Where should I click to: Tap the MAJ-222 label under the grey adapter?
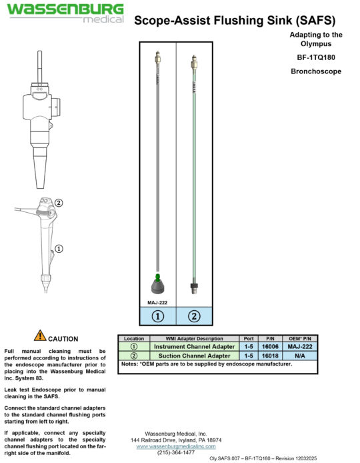tap(157, 302)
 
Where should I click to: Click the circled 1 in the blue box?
tap(158, 318)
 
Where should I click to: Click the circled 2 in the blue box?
tap(194, 318)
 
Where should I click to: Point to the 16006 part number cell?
tap(270, 347)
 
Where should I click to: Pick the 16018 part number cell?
tap(270, 356)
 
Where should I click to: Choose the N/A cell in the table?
tap(300, 356)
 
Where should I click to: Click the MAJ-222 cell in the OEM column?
tap(300, 347)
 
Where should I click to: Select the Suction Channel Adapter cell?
tap(193, 356)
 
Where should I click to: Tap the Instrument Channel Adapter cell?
tap(193, 347)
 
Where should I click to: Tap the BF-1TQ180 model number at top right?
tap(316, 57)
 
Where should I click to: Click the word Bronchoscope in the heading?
tap(316, 70)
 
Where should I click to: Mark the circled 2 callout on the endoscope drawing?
tap(59, 203)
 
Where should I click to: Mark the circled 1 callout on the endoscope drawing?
tap(59, 249)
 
